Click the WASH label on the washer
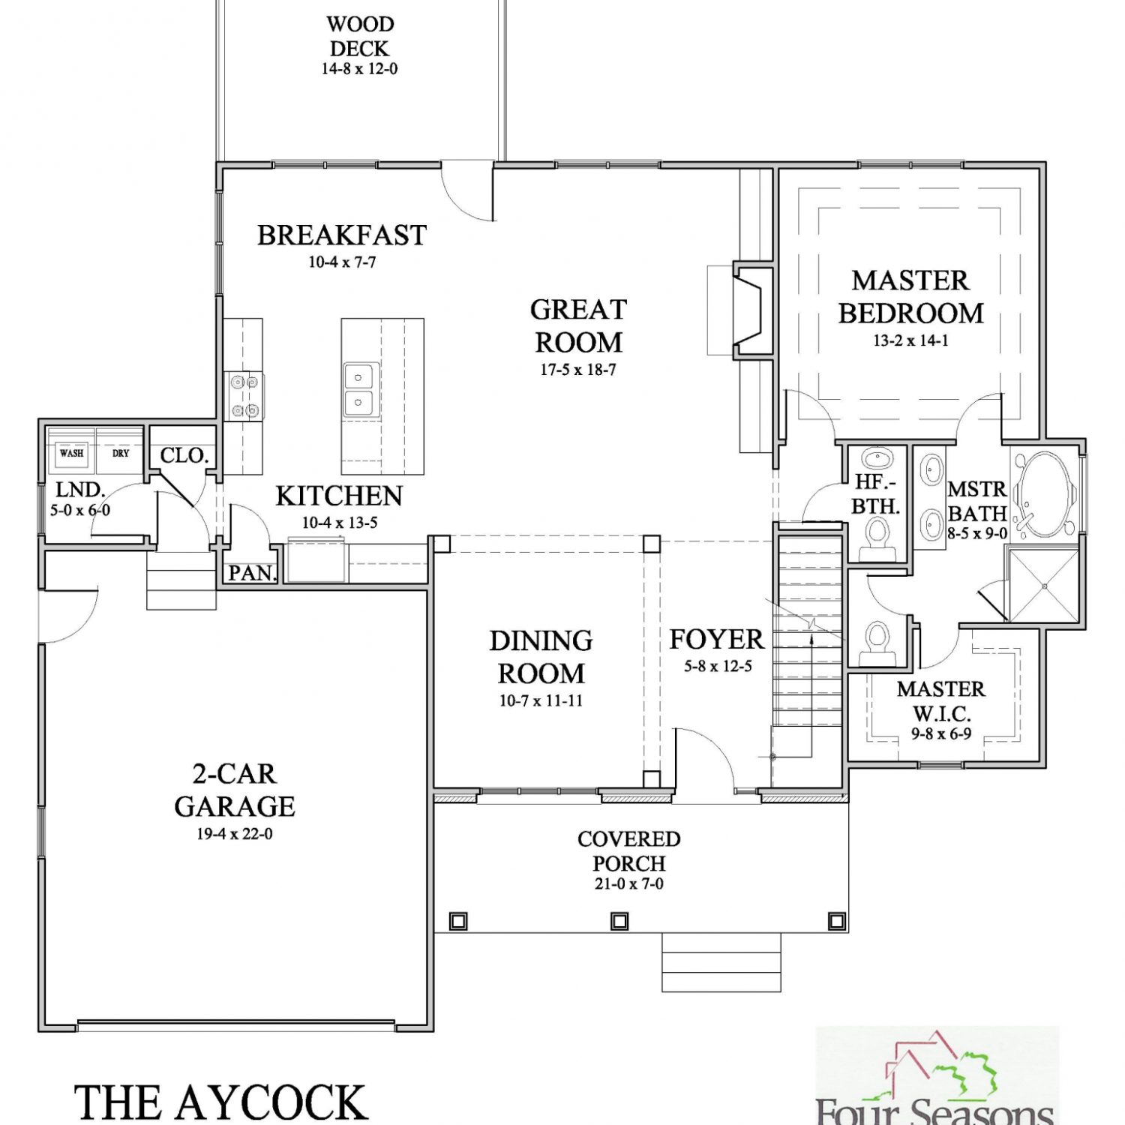tap(72, 453)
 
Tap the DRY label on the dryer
tap(121, 453)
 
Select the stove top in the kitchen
tap(244, 396)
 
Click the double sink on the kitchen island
tap(359, 390)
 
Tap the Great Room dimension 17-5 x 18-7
tap(578, 370)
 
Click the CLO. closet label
tap(184, 455)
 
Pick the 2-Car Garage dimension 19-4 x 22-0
tap(235, 834)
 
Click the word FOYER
tap(716, 639)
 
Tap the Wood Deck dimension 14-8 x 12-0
tap(360, 69)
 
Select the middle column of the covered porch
tap(619, 920)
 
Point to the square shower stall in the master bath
tap(1044, 585)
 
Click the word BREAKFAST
tap(342, 235)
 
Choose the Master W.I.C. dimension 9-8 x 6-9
tap(941, 734)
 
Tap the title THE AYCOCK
tap(220, 1102)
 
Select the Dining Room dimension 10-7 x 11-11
tap(541, 701)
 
